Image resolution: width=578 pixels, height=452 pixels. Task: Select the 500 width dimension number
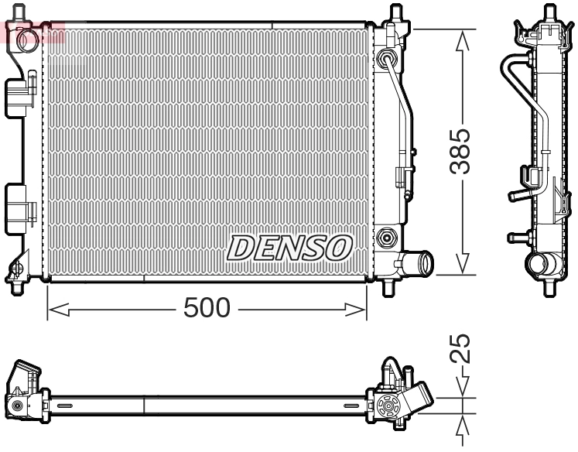[207, 308]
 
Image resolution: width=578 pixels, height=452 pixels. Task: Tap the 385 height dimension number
[463, 151]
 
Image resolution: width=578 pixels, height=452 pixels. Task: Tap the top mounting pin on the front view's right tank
[396, 15]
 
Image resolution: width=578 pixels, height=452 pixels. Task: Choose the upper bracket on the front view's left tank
[21, 91]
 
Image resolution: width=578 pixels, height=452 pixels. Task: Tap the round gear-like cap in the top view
[387, 405]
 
